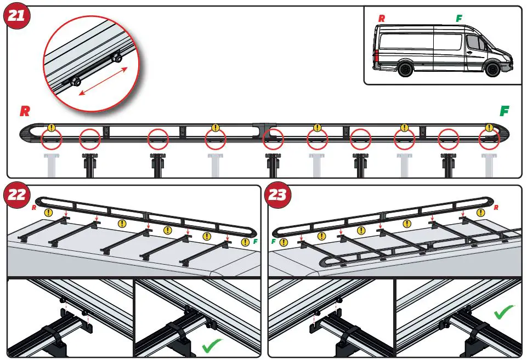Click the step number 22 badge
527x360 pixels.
point(17,195)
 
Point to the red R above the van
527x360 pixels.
point(382,19)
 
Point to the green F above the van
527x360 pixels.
point(459,19)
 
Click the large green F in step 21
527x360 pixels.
point(504,111)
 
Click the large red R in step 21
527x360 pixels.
point(25,111)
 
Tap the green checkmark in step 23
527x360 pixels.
point(504,313)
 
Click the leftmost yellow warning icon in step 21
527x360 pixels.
point(51,128)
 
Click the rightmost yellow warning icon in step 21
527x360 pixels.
point(489,128)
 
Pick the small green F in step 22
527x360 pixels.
point(254,242)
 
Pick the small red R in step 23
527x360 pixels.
point(496,208)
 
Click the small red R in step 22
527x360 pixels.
point(34,208)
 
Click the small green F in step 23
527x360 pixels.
point(273,242)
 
